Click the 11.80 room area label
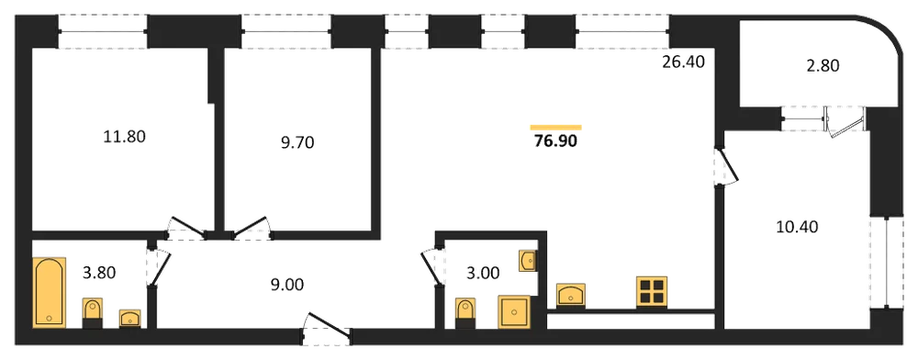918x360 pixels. pos(123,138)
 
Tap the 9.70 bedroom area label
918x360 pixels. pos(298,142)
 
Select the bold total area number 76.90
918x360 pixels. pos(555,141)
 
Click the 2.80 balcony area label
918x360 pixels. pos(823,65)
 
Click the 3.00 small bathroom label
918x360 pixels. pos(482,273)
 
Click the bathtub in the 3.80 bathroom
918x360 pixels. pos(50,293)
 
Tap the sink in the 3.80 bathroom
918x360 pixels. pos(130,319)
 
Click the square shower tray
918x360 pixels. pos(515,312)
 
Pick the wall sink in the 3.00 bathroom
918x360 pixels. pos(528,261)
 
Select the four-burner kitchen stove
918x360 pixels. pos(652,292)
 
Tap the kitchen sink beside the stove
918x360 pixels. pos(571,295)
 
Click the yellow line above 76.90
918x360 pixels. pos(555,127)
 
